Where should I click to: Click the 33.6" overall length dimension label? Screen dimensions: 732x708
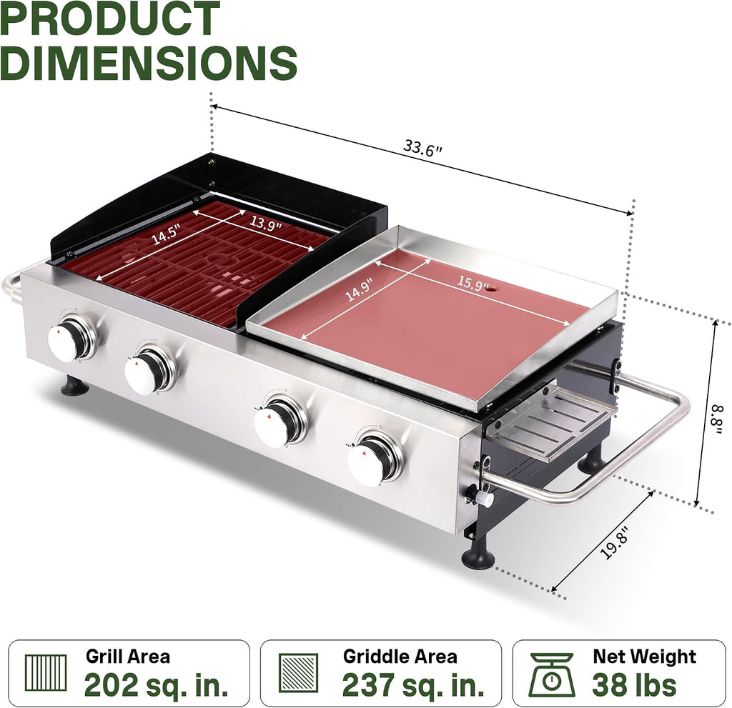pyautogui.click(x=422, y=149)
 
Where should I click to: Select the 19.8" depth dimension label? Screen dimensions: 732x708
pyautogui.click(x=614, y=542)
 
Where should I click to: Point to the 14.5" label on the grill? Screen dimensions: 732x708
pyautogui.click(x=166, y=234)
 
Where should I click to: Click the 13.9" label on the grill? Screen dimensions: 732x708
pyautogui.click(x=265, y=223)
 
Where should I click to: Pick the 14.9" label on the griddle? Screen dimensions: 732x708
pyautogui.click(x=359, y=290)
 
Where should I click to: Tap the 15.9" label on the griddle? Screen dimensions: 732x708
pyautogui.click(x=473, y=283)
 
